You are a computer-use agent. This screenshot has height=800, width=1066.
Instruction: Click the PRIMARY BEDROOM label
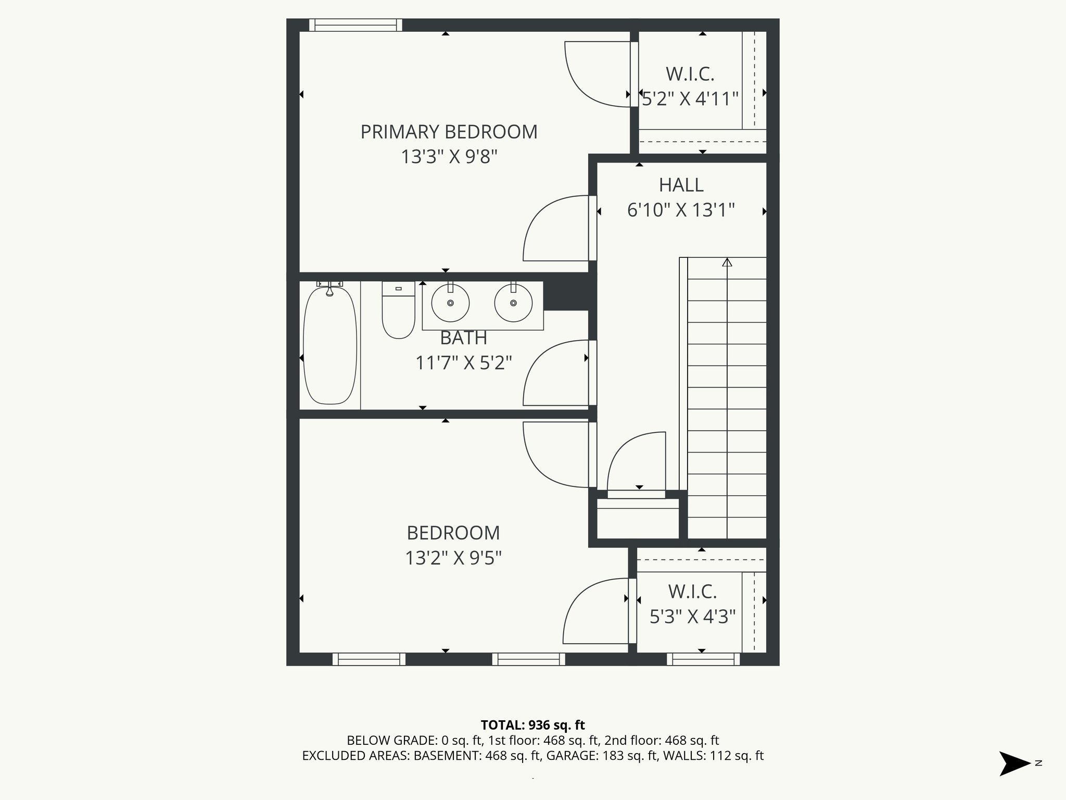449,132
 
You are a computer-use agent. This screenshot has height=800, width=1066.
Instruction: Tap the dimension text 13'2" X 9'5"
453,558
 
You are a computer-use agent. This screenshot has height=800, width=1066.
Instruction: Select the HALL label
681,185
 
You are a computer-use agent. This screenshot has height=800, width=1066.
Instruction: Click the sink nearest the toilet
450,303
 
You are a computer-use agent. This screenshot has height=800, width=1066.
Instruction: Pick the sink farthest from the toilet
513,303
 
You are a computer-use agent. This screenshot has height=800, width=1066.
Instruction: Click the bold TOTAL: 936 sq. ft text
532,725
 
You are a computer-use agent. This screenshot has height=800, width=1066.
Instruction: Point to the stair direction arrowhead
727,262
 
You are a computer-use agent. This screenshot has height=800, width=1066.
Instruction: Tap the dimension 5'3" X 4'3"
692,617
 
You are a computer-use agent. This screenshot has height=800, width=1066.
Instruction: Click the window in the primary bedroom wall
356,25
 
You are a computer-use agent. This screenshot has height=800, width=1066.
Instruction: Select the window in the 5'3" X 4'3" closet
703,659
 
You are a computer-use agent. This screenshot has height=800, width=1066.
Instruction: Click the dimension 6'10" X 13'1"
681,210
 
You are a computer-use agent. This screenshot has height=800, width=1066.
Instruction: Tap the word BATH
463,338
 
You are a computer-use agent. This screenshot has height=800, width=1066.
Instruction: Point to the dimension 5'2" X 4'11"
690,98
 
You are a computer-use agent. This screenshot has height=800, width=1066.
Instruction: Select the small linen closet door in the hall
636,464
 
